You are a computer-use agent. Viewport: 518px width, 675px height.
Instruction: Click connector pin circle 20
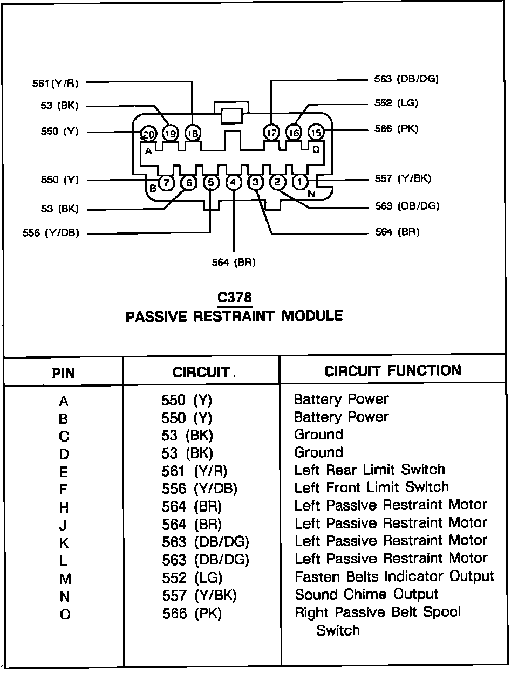(148, 134)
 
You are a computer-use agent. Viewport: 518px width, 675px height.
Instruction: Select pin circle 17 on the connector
(271, 132)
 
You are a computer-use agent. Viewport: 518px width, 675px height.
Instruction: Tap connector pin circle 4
(233, 183)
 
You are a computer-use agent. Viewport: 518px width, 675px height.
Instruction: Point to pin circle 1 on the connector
(299, 182)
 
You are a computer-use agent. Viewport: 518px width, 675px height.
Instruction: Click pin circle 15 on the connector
(316, 132)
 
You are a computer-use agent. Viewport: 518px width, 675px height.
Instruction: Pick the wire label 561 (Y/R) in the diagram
(55, 83)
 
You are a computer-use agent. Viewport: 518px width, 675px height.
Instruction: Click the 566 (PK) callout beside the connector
(396, 129)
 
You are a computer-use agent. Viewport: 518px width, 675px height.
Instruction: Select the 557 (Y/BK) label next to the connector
(403, 178)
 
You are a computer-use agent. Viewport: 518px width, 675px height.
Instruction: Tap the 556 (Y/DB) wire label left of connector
(51, 233)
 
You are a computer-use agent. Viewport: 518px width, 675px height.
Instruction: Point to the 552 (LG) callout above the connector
(396, 103)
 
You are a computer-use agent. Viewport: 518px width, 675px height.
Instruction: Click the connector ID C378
(234, 298)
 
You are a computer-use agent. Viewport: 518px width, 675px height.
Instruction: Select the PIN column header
(63, 373)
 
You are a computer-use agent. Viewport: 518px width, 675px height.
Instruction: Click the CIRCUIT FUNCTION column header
(392, 371)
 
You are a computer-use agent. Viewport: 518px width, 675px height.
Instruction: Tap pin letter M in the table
(64, 578)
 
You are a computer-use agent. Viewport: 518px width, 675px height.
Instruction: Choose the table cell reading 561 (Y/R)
(194, 471)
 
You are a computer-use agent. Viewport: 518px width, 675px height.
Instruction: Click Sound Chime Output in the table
(366, 594)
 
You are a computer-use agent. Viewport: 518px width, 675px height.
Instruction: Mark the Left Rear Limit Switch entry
(369, 470)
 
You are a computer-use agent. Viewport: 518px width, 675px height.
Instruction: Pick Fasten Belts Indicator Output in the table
(394, 576)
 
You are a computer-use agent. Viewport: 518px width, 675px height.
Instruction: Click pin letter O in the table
(64, 614)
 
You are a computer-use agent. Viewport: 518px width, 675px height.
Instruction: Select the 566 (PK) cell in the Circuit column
(192, 614)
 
